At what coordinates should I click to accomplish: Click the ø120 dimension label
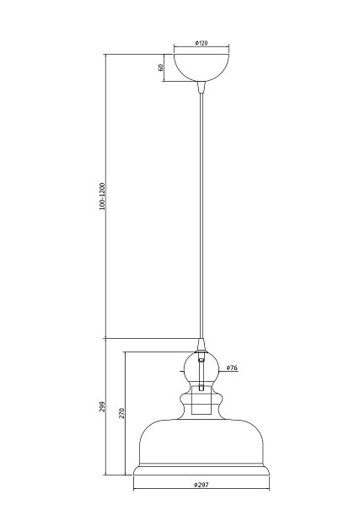(201, 43)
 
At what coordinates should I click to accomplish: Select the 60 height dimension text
(160, 67)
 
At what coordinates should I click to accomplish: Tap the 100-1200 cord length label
(103, 196)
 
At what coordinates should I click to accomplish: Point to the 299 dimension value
(103, 406)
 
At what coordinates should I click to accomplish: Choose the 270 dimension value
(121, 413)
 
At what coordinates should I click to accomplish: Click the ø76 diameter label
(232, 368)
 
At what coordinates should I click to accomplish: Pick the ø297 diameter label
(201, 485)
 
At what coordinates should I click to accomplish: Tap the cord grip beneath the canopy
(201, 87)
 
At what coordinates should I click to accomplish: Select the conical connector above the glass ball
(201, 345)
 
